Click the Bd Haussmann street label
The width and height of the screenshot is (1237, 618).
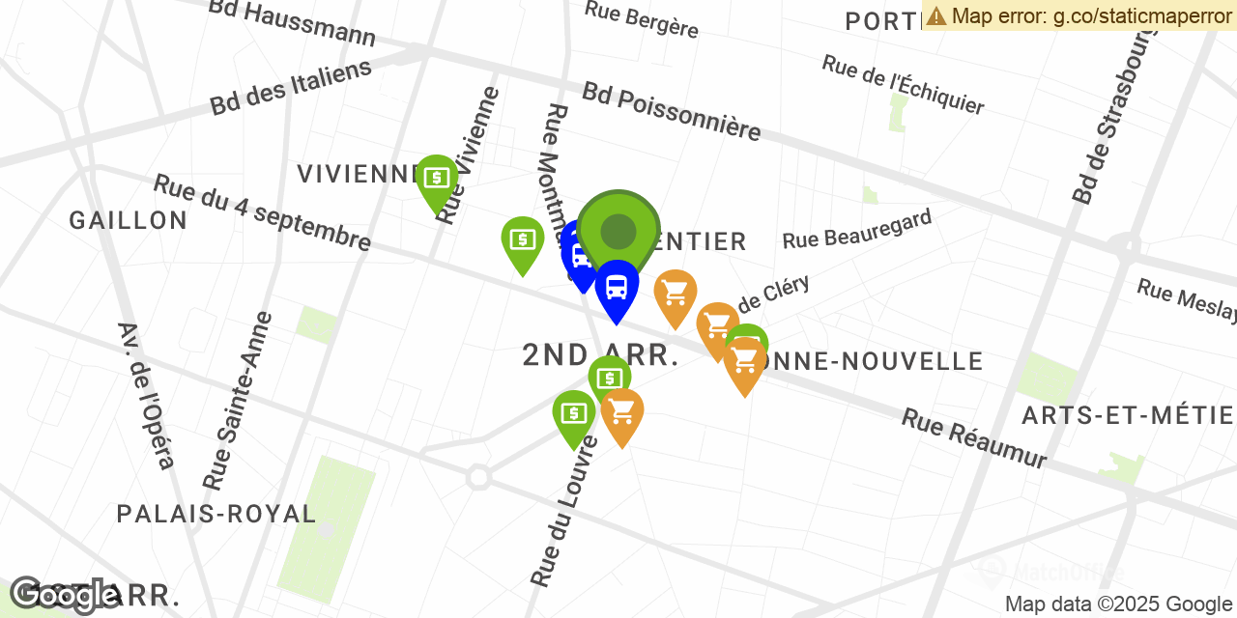[293, 24]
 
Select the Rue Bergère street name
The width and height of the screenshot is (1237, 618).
[641, 19]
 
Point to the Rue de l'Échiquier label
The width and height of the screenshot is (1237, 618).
[903, 84]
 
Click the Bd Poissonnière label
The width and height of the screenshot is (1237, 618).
[672, 111]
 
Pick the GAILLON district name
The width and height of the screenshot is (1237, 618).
[129, 220]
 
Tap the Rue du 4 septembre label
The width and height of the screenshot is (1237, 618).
[262, 212]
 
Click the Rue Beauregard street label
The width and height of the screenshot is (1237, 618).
[857, 229]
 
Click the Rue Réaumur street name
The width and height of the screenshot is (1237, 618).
[974, 438]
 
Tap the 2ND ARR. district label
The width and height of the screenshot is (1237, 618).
[600, 355]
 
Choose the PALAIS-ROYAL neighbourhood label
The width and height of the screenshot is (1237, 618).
[216, 514]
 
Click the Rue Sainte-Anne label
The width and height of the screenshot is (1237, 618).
[233, 400]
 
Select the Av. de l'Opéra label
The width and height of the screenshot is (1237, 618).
[146, 395]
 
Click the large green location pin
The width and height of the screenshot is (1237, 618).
[618, 232]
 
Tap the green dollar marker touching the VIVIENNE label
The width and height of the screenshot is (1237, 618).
[437, 179]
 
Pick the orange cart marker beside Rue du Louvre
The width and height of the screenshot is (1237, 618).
[622, 412]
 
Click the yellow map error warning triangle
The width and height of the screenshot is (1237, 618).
[935, 15]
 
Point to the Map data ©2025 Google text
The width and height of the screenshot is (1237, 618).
[1118, 604]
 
